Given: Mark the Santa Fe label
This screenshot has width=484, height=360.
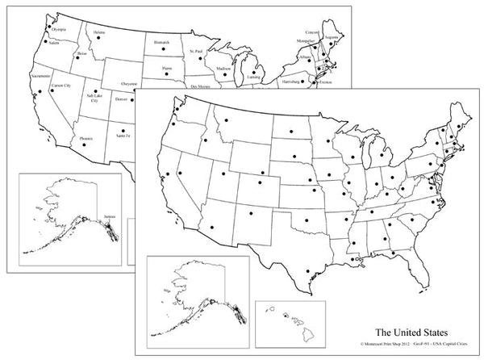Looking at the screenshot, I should click(x=123, y=136).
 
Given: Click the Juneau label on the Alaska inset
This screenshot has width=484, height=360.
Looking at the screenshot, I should click(x=110, y=216).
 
